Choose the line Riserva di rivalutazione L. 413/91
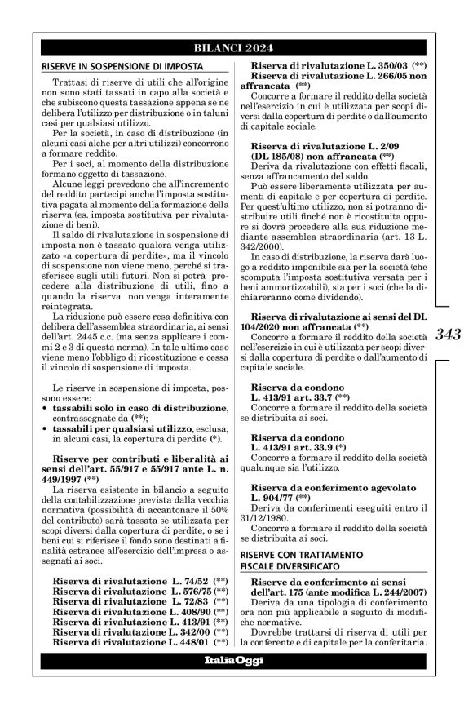click(x=139, y=623)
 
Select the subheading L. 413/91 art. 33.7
click(x=303, y=397)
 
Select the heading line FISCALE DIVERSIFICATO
click(x=286, y=565)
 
